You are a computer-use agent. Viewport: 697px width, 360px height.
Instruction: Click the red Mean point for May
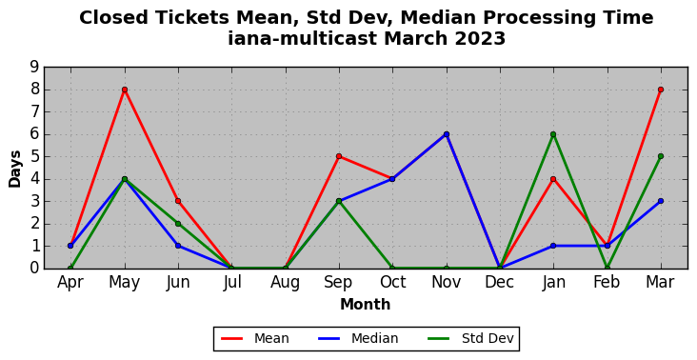click(125, 90)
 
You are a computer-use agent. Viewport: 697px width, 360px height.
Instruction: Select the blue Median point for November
click(447, 134)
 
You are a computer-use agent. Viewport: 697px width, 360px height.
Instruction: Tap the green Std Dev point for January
click(553, 134)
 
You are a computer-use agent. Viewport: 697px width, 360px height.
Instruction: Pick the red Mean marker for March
click(661, 90)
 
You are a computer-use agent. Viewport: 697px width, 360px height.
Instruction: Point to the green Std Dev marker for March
click(661, 156)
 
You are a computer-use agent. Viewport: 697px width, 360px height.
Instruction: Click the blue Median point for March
click(661, 201)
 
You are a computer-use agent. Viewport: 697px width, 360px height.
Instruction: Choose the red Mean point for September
click(339, 156)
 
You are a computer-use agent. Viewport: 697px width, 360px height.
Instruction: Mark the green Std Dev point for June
click(178, 224)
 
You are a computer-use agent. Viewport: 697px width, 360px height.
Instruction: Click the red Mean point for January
click(553, 179)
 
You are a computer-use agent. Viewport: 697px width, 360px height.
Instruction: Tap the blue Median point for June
click(178, 246)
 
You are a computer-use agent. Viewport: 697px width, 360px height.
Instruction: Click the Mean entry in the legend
click(254, 339)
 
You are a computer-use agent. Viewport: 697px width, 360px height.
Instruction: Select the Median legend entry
click(358, 339)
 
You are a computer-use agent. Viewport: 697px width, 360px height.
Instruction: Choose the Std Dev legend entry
click(470, 339)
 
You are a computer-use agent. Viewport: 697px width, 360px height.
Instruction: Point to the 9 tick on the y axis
click(34, 68)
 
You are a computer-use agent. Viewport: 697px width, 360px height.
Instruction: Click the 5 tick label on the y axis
click(34, 156)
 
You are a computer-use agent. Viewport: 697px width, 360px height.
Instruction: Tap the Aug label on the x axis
click(285, 282)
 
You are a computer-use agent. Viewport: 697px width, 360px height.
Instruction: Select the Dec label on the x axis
click(500, 282)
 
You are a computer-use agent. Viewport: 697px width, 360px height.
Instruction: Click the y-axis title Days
click(14, 169)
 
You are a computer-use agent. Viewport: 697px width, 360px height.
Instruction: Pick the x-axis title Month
click(366, 305)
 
